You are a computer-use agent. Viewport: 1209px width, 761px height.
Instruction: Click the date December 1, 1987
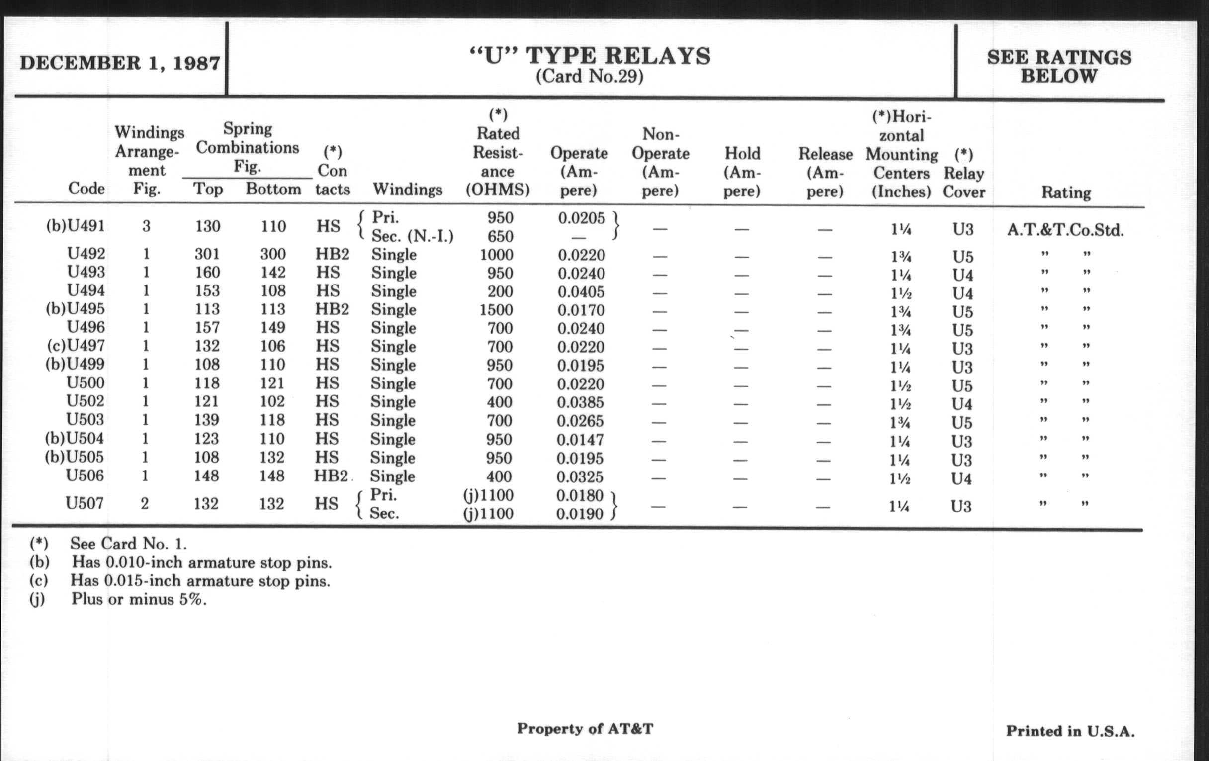click(x=119, y=63)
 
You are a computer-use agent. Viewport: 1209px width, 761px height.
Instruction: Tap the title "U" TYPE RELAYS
click(x=590, y=56)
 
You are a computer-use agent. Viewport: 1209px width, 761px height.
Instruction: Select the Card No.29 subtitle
click(x=590, y=77)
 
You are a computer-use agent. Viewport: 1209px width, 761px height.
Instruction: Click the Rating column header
click(x=1066, y=192)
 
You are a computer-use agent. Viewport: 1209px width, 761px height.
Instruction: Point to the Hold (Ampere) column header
click(x=742, y=172)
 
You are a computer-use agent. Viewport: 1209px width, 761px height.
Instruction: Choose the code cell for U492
click(x=86, y=254)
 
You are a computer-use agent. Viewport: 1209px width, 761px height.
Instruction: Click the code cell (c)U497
click(x=77, y=346)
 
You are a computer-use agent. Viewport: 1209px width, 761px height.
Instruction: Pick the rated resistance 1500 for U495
click(x=496, y=310)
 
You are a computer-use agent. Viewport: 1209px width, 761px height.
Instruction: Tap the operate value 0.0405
click(x=581, y=292)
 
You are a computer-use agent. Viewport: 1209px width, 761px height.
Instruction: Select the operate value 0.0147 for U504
click(x=580, y=440)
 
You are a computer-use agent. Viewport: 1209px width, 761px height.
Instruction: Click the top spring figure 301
click(x=207, y=254)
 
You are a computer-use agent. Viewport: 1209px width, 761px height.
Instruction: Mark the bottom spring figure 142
click(x=273, y=272)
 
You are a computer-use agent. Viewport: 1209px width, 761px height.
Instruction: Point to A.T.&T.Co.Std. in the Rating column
click(x=1065, y=230)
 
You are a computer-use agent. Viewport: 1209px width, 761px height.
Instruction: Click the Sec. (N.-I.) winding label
click(x=412, y=236)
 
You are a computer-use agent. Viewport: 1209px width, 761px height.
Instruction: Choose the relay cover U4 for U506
click(x=961, y=478)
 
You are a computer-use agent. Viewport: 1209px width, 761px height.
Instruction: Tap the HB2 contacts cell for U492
click(x=332, y=254)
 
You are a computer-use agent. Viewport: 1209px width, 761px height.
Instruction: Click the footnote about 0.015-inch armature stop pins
click(x=200, y=580)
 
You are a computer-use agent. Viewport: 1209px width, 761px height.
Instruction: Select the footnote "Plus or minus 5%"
click(x=139, y=599)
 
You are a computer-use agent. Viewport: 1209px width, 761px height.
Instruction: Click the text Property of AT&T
click(x=585, y=729)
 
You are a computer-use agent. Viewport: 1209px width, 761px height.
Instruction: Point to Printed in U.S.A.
click(x=1070, y=731)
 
